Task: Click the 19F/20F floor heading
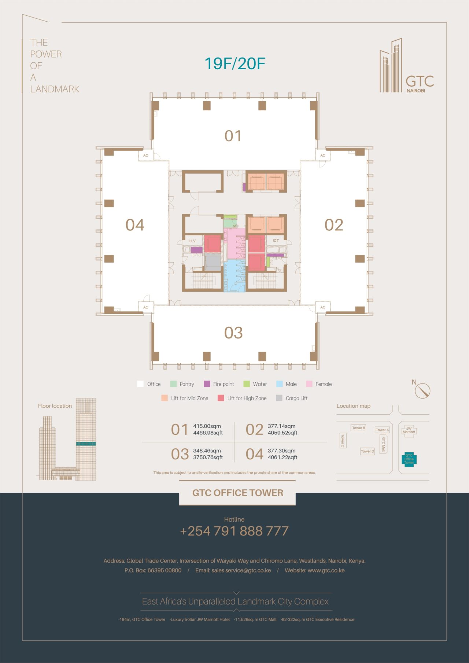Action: (x=234, y=63)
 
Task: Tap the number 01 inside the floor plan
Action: (x=233, y=136)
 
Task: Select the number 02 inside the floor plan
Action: (x=334, y=225)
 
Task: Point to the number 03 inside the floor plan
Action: (x=233, y=333)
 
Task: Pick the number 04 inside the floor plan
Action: (x=135, y=225)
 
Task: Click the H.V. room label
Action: (x=193, y=241)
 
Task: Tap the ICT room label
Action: (x=276, y=241)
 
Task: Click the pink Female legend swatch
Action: (x=309, y=384)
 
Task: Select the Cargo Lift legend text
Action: (x=296, y=398)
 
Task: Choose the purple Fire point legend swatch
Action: (x=207, y=384)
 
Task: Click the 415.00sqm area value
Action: (x=207, y=426)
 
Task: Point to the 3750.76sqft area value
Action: (x=208, y=457)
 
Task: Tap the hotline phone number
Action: (x=234, y=531)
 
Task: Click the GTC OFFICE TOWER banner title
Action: (x=238, y=493)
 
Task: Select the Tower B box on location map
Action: (x=358, y=428)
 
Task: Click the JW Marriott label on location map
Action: (x=409, y=430)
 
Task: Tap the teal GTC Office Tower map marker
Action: (x=409, y=459)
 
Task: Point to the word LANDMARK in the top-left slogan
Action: (x=55, y=89)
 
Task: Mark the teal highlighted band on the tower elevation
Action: (x=86, y=444)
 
